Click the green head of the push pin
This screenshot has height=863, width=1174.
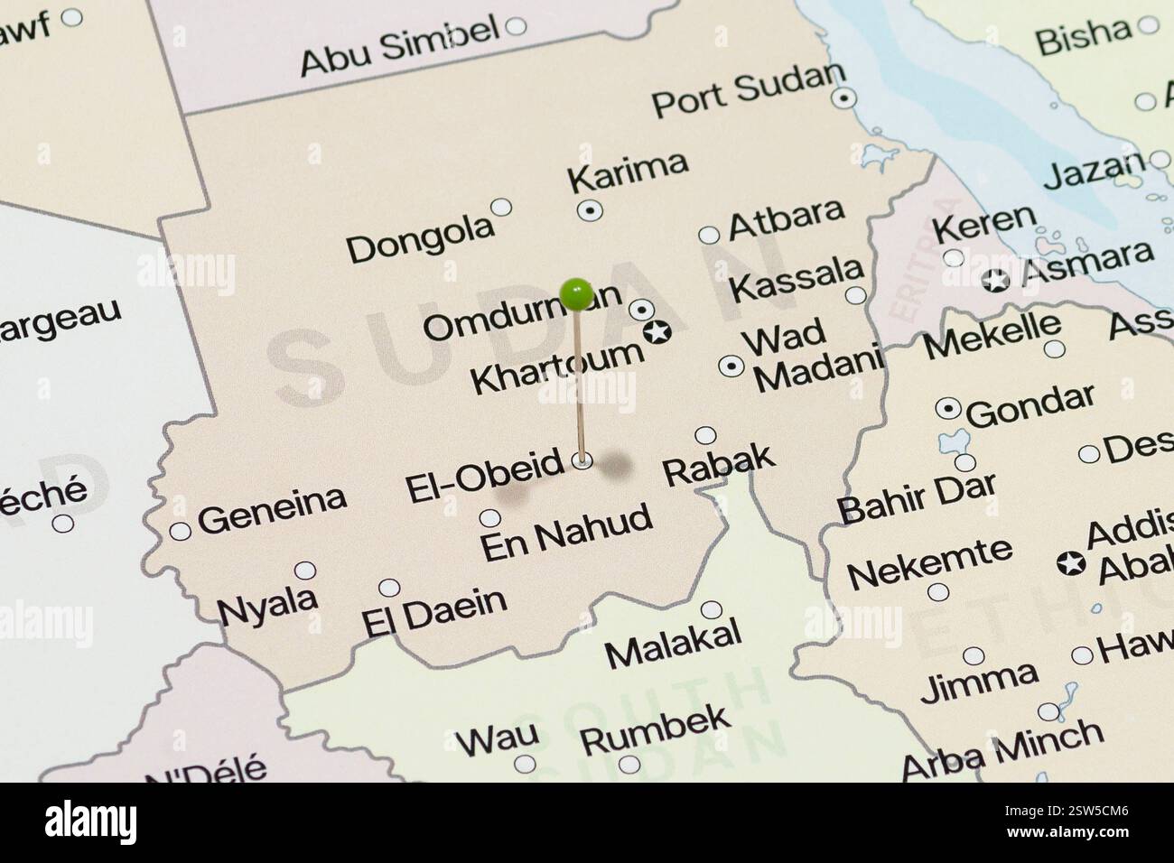[575, 292]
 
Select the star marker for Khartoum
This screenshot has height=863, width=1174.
[658, 333]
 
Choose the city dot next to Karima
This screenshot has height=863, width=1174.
[590, 209]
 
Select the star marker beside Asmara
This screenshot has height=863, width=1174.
[996, 280]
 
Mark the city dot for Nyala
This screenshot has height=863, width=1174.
[306, 571]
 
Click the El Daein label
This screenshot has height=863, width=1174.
[433, 611]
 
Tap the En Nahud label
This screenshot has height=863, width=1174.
[566, 533]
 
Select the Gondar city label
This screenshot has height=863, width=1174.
[1030, 404]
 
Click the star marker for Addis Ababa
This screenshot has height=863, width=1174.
[1071, 564]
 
